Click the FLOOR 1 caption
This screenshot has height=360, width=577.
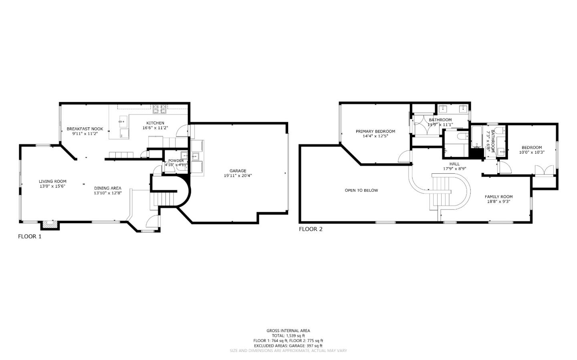[30, 236]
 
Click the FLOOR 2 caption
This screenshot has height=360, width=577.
[311, 229]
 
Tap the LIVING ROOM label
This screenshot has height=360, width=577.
[52, 181]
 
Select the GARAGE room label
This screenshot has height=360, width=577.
[238, 171]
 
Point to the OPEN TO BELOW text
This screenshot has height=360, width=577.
[361, 190]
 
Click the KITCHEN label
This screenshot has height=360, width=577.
[155, 123]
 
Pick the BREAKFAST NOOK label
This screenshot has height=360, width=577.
[85, 129]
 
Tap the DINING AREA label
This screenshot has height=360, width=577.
[107, 188]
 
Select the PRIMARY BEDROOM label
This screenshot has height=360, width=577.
[375, 131]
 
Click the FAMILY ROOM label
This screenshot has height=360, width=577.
[498, 197]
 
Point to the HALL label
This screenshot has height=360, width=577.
[454, 164]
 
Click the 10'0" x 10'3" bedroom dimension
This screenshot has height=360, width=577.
[532, 152]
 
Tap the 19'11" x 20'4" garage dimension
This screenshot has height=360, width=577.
[238, 175]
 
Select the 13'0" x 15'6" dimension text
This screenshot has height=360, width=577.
[52, 186]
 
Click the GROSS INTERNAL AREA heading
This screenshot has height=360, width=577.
[288, 331]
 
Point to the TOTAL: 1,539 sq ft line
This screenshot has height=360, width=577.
[288, 336]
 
